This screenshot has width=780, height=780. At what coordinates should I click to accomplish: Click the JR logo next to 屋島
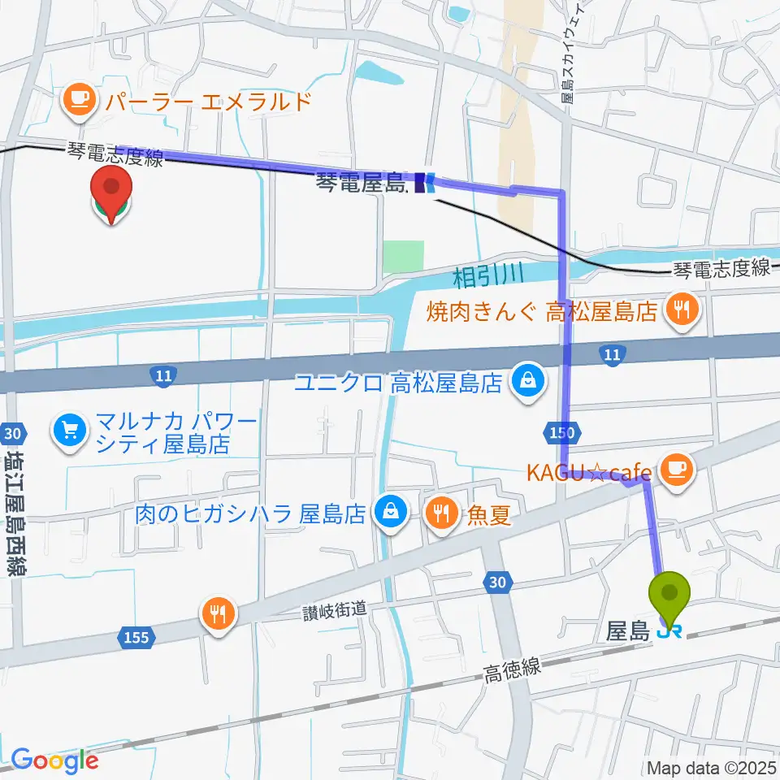pyautogui.click(x=669, y=631)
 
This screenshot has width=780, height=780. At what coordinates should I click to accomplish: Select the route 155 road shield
pyautogui.click(x=136, y=636)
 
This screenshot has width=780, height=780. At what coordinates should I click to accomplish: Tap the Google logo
pyautogui.click(x=54, y=760)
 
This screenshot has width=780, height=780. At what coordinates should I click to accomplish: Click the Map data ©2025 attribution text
pyautogui.click(x=712, y=767)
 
